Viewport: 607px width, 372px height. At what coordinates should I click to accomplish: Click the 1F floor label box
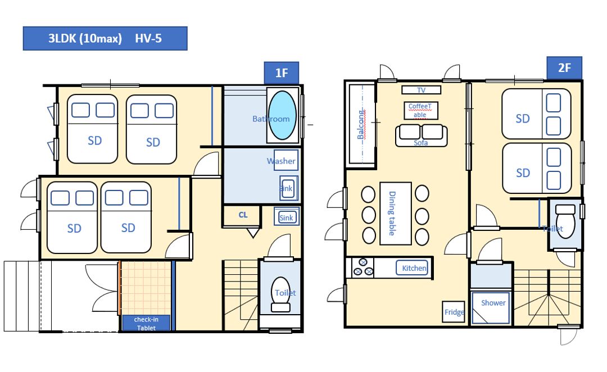[x=282, y=73]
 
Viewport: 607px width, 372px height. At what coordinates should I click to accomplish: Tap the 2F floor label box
[x=564, y=68]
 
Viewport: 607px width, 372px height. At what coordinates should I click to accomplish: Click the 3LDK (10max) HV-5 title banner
[x=105, y=38]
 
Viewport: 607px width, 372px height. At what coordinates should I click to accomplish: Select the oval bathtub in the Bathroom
[x=283, y=115]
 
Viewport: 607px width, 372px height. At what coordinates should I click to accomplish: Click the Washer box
[x=286, y=160]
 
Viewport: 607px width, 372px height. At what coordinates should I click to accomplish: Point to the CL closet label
[x=243, y=215]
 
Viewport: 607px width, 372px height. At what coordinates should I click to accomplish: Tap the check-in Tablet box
[x=146, y=323]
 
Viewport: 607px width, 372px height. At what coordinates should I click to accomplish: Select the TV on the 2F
[x=421, y=90]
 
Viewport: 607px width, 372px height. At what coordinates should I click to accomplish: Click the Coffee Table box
[x=421, y=110]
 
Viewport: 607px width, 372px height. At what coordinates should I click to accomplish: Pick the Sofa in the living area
[x=421, y=135]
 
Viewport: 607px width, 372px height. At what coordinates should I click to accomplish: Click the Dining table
[x=395, y=214]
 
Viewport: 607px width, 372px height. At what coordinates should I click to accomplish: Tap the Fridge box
[x=454, y=312]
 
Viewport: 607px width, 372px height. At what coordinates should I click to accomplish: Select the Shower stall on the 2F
[x=491, y=308]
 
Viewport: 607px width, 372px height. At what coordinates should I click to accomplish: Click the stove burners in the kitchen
[x=363, y=267]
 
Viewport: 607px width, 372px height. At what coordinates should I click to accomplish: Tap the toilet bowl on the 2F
[x=565, y=221]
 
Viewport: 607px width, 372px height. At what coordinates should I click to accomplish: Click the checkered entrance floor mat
[x=146, y=288]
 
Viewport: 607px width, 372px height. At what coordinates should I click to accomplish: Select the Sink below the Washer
[x=289, y=188]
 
